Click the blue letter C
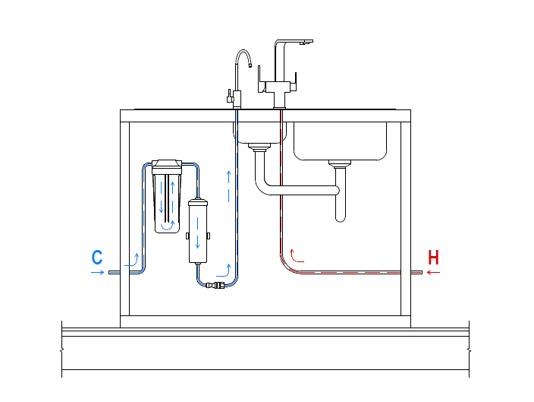point(97,257)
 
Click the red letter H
point(434,257)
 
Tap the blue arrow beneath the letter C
point(97,272)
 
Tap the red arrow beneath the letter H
point(433,272)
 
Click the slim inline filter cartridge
point(198,230)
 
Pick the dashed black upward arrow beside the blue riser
point(228,187)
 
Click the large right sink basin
point(341,141)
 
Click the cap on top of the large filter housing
point(167,164)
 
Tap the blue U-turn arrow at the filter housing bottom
point(167,224)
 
